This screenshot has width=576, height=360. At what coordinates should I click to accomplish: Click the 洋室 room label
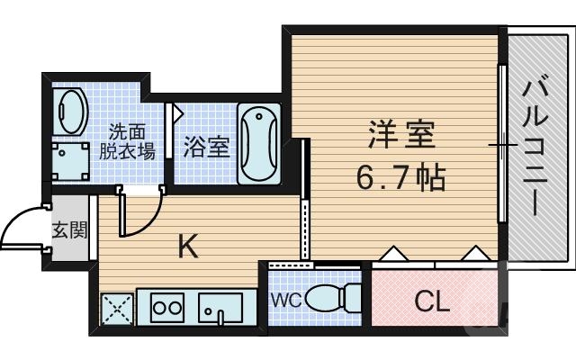coord(401,136)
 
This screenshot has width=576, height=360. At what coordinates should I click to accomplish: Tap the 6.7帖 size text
coord(400,177)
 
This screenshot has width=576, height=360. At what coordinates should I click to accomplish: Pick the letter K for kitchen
coord(186,245)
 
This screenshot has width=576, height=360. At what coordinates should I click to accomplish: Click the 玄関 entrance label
coord(68,229)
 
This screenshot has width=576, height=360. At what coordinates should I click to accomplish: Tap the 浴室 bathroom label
coord(206,146)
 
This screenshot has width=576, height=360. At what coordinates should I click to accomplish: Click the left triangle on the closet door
coord(393,254)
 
